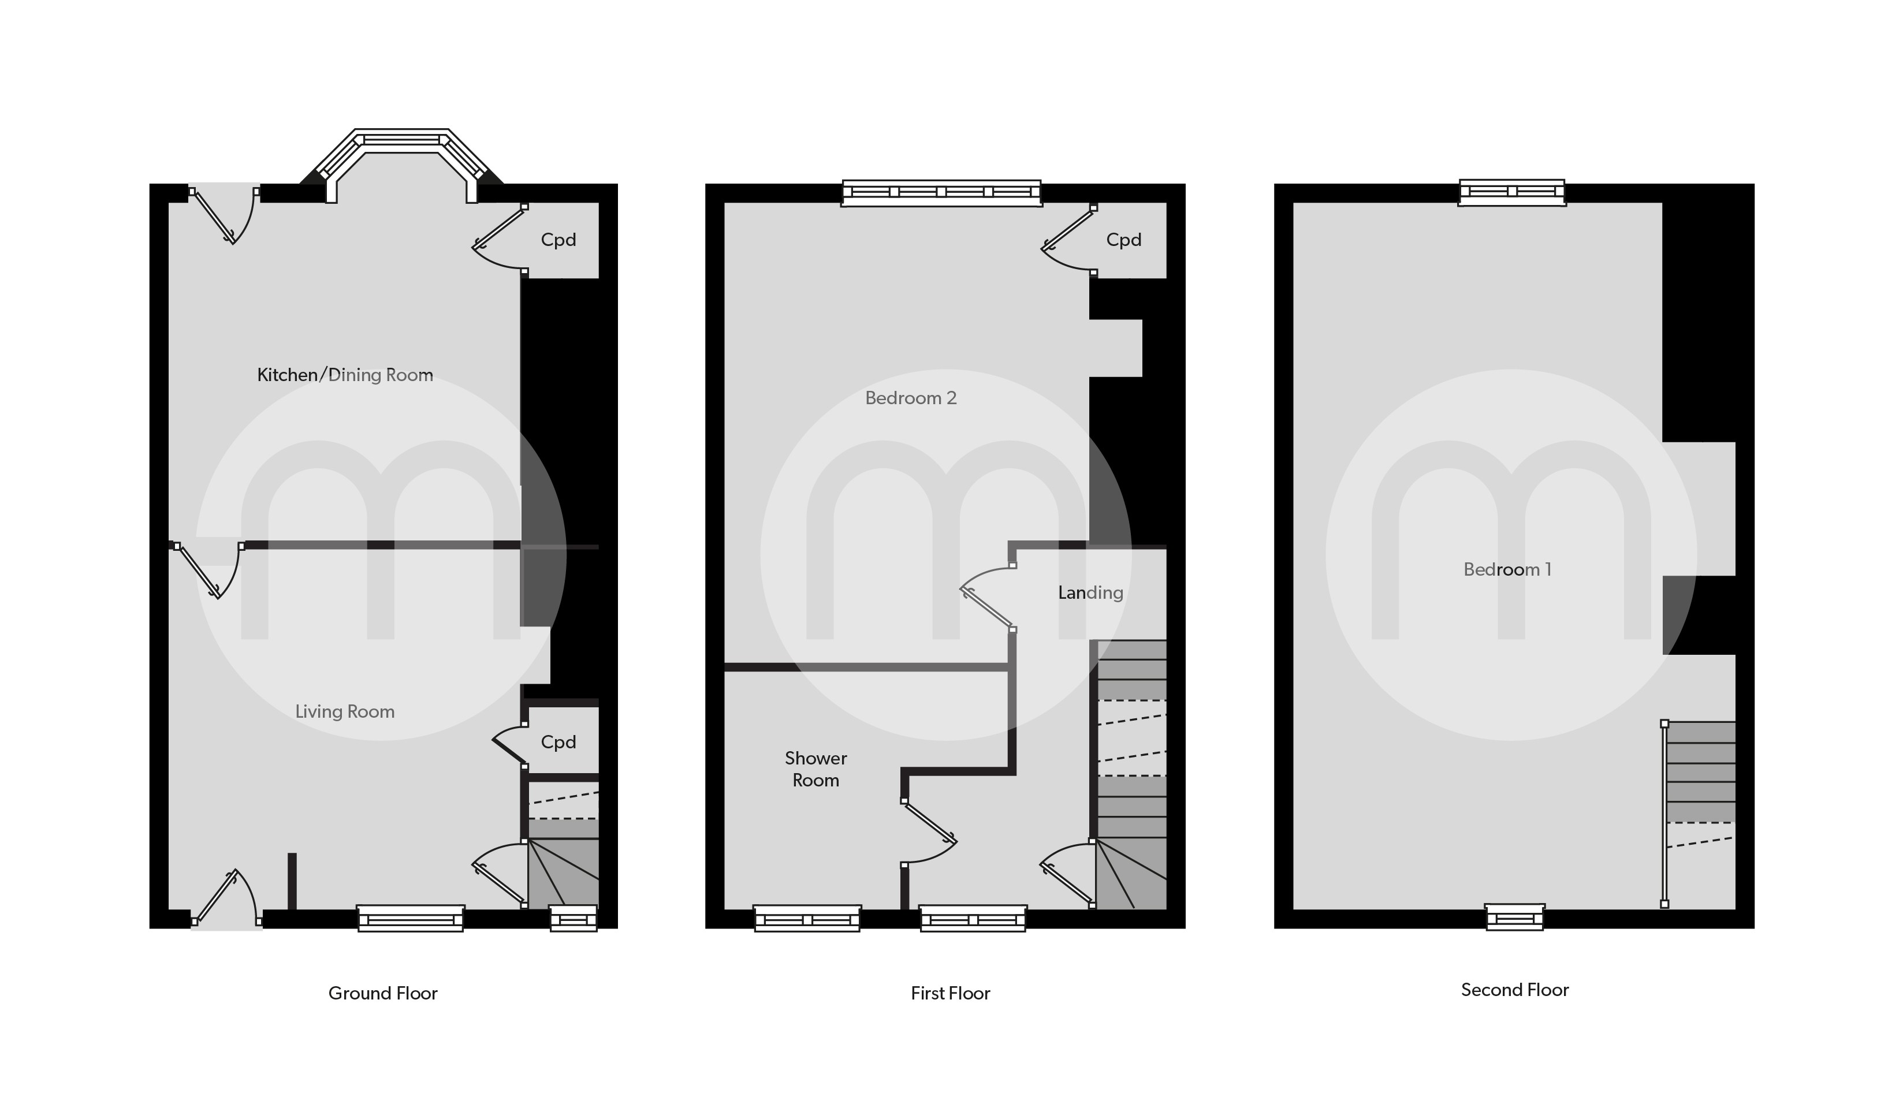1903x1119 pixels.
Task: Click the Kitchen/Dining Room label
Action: click(345, 375)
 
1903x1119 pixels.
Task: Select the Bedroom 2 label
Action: click(911, 398)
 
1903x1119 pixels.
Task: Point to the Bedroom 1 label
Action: click(1507, 569)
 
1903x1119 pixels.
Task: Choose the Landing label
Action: click(1090, 593)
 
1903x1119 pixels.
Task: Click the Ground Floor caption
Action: click(383, 993)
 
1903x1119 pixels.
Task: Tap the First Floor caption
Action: click(950, 993)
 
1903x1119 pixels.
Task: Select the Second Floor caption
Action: click(1515, 990)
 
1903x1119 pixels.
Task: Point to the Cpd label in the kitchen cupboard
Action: click(558, 240)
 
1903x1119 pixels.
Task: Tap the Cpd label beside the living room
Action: click(558, 742)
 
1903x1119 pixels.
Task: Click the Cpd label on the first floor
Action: click(1124, 240)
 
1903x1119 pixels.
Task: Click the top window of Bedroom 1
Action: click(1512, 192)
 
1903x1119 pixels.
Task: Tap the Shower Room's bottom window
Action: click(807, 919)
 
